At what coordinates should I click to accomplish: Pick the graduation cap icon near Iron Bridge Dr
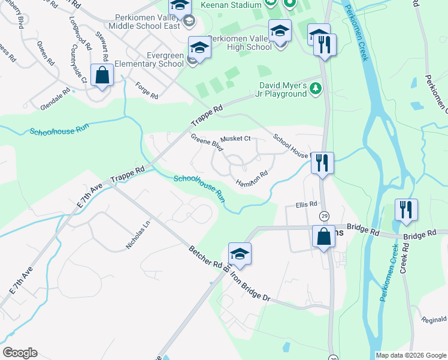click(x=240, y=254)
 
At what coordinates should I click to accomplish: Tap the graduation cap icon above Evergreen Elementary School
click(x=199, y=47)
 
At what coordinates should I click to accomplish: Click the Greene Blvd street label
click(x=207, y=142)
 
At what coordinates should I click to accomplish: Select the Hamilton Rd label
click(x=252, y=178)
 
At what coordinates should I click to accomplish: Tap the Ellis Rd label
click(x=306, y=205)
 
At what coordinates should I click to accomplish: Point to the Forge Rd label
click(x=146, y=91)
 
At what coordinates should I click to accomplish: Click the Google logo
click(x=20, y=353)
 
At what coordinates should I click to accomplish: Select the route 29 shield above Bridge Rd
click(x=324, y=215)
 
